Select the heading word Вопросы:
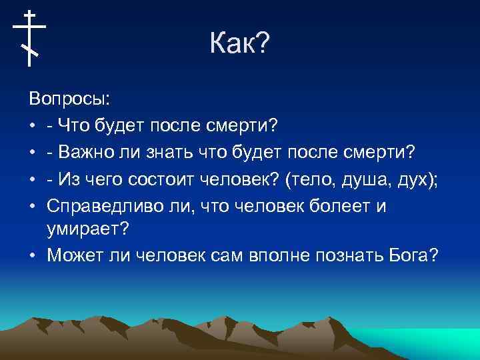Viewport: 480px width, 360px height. click(x=70, y=99)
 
